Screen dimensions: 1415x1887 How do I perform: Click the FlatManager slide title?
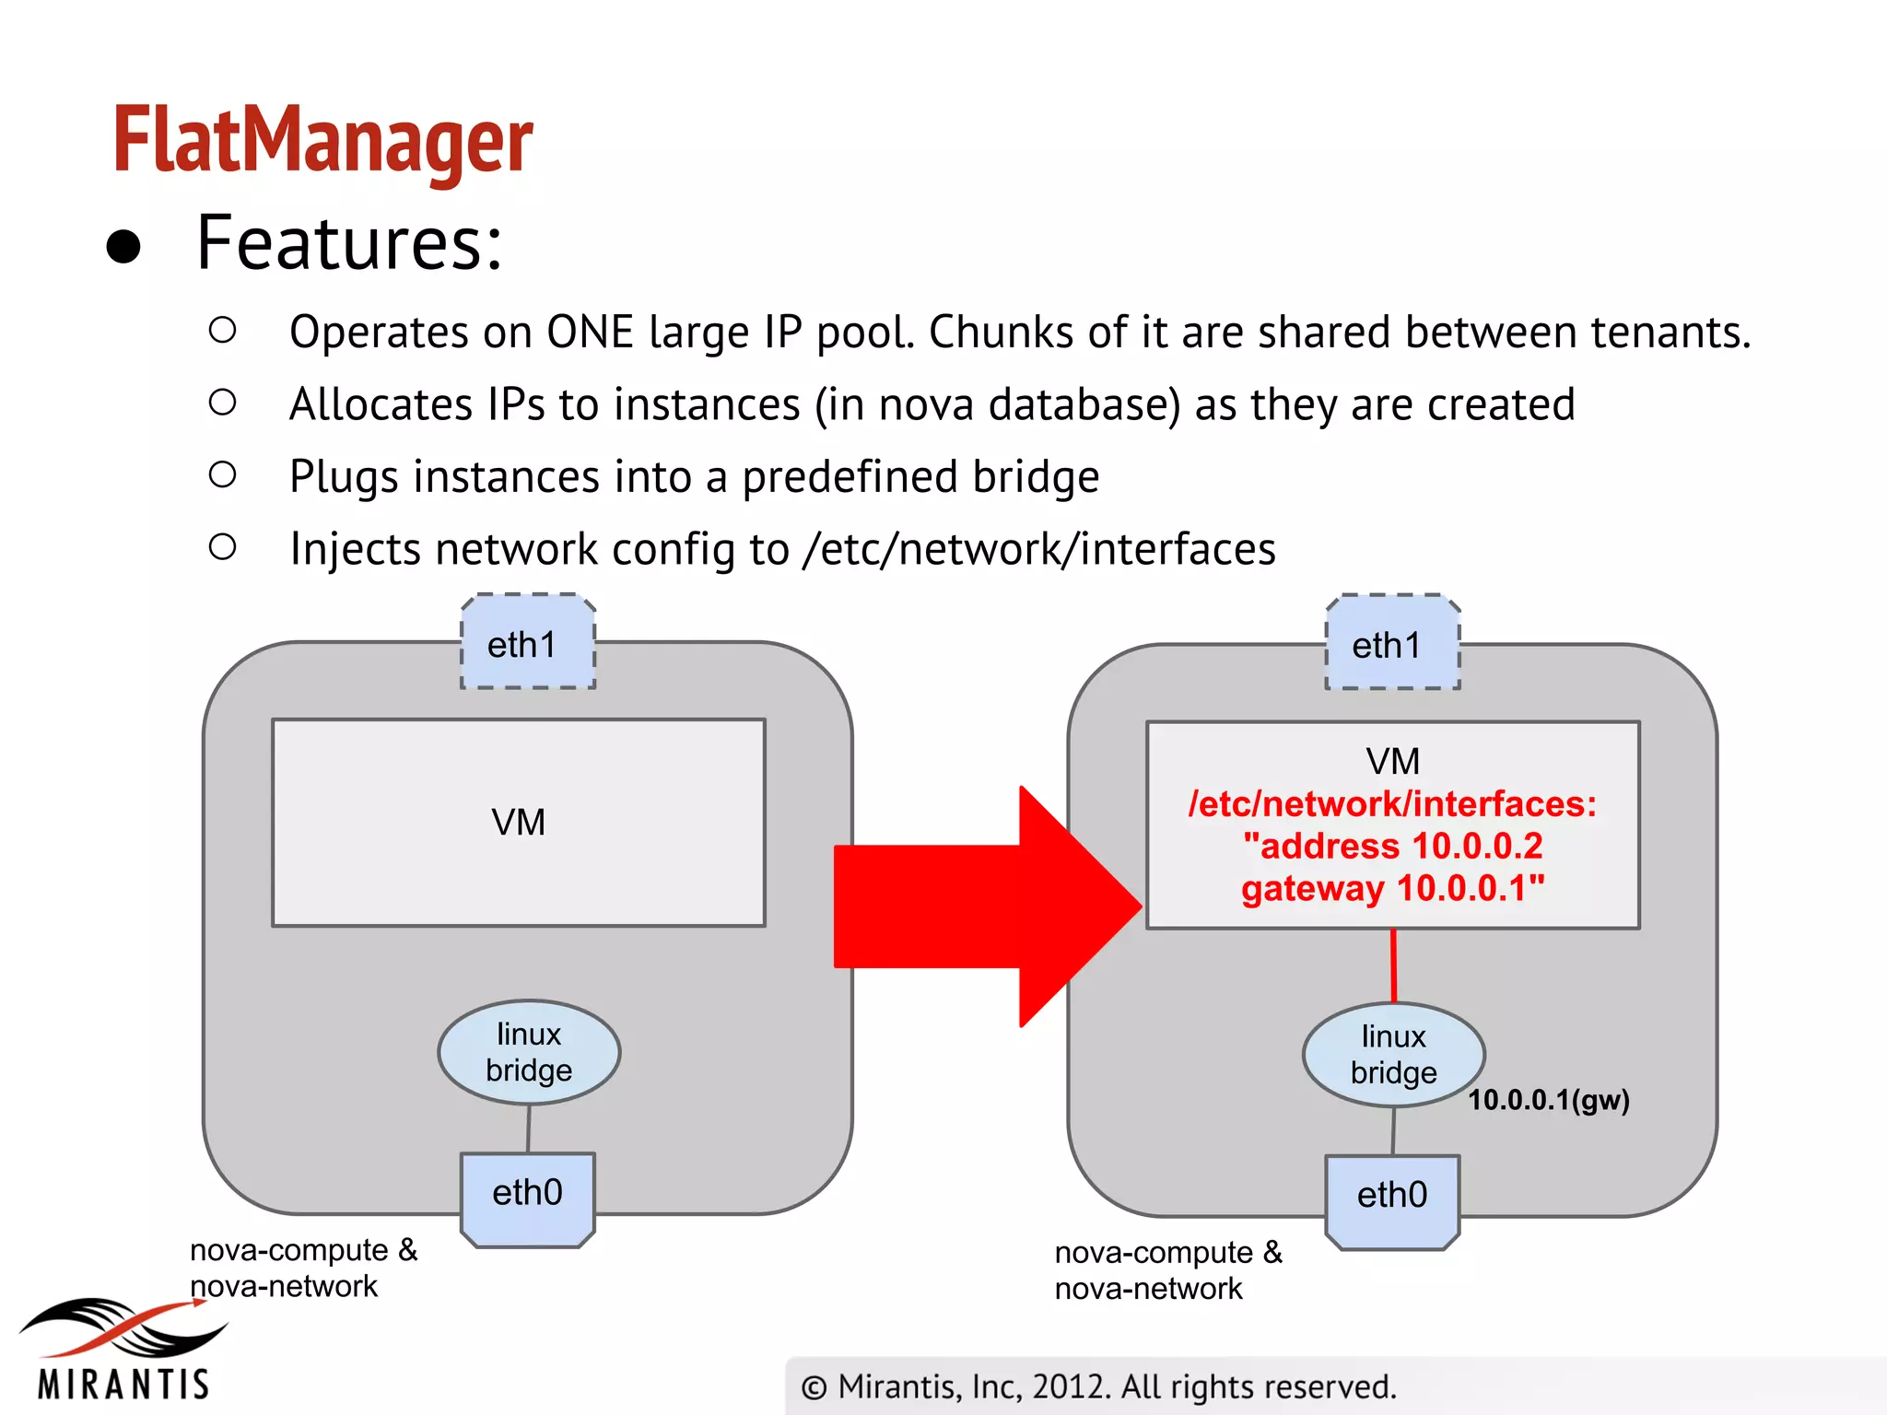[322, 140]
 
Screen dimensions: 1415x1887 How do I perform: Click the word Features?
[349, 243]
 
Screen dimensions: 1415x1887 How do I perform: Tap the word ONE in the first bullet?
[590, 333]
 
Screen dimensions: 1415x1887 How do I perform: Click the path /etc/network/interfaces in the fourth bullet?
[1039, 550]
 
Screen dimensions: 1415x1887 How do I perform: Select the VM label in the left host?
[519, 823]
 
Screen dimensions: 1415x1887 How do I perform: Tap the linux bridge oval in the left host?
[529, 1052]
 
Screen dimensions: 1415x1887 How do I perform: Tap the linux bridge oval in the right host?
[1393, 1055]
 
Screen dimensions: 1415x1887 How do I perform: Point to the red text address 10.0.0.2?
[1392, 847]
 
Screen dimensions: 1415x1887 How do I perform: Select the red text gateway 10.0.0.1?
[1392, 889]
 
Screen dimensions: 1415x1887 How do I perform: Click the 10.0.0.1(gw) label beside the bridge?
[1549, 1100]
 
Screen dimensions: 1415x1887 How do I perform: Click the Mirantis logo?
[123, 1349]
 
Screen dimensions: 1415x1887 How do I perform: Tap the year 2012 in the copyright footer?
[1070, 1387]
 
